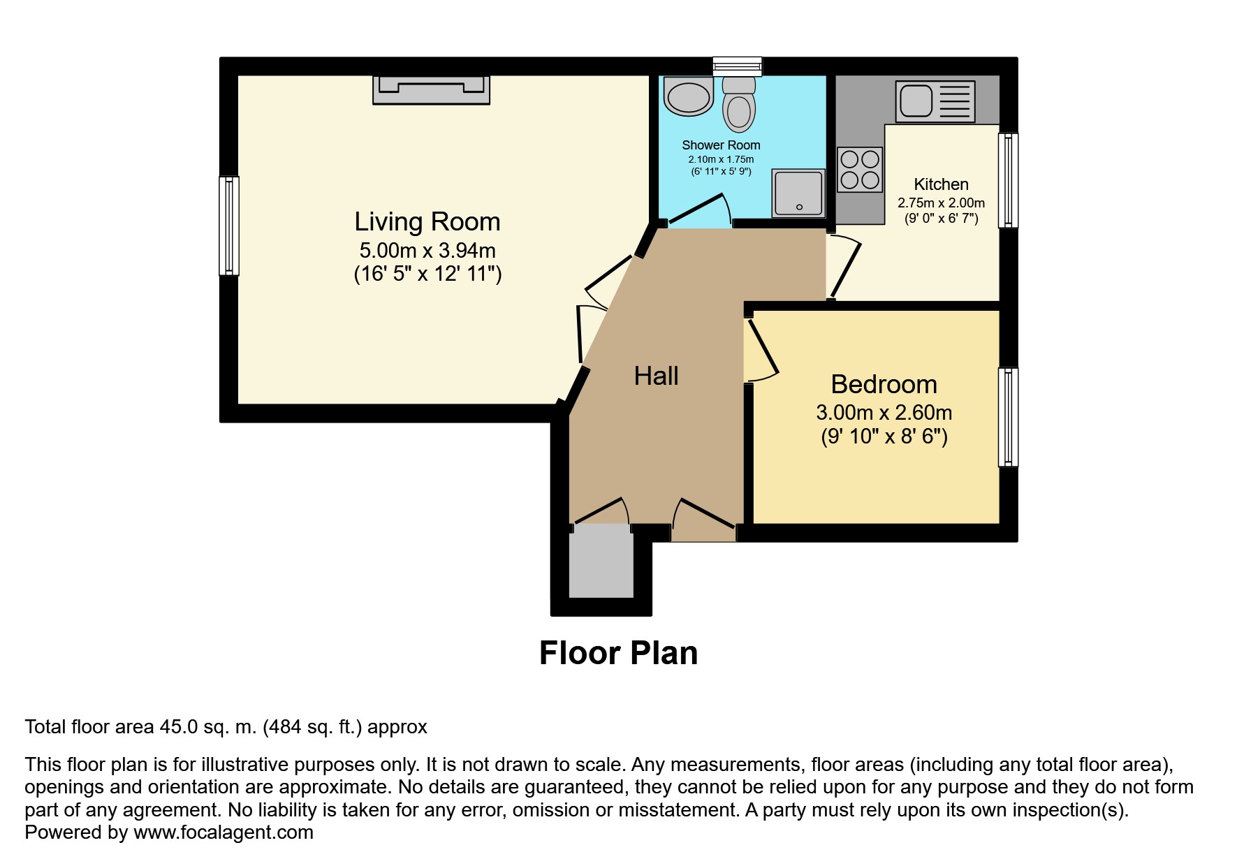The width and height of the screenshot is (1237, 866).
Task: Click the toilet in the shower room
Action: click(738, 104)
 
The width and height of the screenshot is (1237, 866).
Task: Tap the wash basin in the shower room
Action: click(689, 96)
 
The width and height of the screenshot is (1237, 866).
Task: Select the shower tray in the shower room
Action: click(798, 193)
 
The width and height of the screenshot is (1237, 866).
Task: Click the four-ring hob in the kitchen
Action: click(860, 170)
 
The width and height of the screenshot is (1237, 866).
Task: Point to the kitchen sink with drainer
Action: click(935, 101)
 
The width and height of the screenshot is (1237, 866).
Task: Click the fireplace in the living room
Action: click(431, 90)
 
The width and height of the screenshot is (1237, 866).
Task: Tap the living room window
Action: click(229, 226)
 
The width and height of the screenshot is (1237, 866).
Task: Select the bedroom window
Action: click(1008, 417)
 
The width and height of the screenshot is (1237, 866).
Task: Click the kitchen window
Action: click(1008, 180)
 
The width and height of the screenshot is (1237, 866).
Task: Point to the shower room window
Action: click(737, 66)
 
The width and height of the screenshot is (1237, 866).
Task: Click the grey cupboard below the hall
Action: click(601, 561)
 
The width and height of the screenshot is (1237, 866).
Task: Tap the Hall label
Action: click(656, 376)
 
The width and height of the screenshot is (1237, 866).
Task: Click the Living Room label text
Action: click(427, 222)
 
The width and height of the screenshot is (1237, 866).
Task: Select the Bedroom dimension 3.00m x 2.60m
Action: click(884, 413)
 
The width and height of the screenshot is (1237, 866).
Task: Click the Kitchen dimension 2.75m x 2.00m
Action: click(942, 203)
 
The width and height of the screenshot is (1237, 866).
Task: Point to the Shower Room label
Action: click(721, 145)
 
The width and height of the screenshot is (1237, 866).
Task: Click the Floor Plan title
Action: click(619, 653)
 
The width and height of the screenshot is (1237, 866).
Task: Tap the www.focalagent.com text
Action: click(224, 832)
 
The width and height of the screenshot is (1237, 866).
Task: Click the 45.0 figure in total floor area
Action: click(179, 727)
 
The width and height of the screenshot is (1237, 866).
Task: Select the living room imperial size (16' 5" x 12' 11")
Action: click(428, 273)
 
